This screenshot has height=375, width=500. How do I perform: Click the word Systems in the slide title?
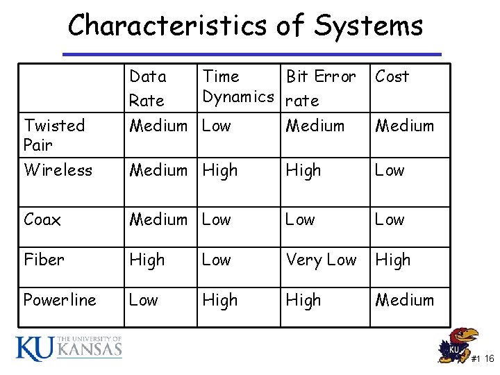coord(368,26)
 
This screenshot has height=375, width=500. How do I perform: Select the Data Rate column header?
coord(147,88)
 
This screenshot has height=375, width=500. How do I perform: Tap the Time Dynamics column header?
coord(237,86)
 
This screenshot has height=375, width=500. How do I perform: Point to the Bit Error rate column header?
coord(321,88)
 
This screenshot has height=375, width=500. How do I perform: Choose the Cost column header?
coord(392,76)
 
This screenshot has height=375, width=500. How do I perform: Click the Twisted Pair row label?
coord(54,135)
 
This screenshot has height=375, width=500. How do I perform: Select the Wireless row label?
coord(58,170)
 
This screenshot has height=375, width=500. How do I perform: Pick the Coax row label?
coord(42,220)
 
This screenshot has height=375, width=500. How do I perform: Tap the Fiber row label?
coord(44,260)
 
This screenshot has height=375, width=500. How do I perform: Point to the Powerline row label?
coord(60,300)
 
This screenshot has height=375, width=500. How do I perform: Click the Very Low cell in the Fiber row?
coord(321,260)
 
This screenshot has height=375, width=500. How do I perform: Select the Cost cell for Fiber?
coord(393,260)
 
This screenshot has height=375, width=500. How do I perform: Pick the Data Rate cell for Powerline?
coord(144,300)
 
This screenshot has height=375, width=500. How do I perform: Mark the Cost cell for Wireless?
coord(390,170)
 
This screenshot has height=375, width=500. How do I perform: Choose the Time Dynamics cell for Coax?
coord(216,220)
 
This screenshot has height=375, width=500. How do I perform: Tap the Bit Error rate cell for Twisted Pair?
coord(315,126)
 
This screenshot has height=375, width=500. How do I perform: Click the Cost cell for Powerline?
coord(404,300)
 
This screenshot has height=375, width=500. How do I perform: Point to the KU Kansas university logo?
coord(69,348)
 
